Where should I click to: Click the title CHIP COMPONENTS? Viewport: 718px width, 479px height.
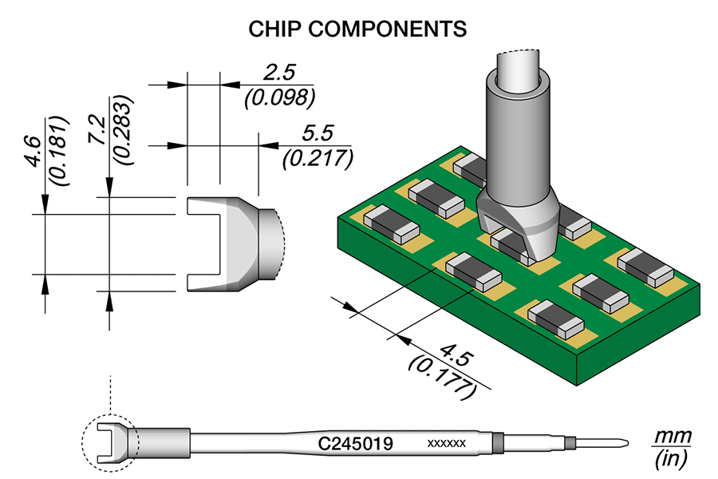(357, 29)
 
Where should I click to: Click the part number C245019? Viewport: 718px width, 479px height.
(355, 443)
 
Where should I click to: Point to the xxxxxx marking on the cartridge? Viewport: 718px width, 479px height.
(447, 443)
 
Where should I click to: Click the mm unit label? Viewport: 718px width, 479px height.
(669, 437)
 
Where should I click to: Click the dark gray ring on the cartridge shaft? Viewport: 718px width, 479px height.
(499, 442)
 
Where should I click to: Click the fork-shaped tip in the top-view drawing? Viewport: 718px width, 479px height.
(231, 243)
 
